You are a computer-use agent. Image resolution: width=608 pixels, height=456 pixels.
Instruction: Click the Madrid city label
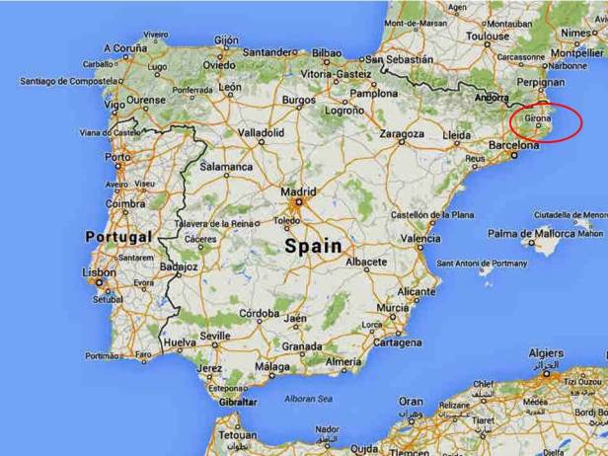[298, 191]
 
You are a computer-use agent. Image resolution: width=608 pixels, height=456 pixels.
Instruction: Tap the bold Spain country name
[314, 246]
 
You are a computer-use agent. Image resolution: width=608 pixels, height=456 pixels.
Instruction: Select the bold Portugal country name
[118, 237]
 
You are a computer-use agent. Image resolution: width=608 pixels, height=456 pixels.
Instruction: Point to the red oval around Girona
[546, 122]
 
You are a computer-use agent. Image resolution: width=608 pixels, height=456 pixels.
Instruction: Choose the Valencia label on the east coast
[420, 239]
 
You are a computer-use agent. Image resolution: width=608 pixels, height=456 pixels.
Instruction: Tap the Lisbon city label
[100, 272]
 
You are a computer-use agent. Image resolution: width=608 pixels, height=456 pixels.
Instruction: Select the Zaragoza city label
[402, 133]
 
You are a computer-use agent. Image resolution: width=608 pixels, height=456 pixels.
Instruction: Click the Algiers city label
[547, 353]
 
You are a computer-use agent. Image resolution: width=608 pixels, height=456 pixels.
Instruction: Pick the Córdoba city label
[260, 313]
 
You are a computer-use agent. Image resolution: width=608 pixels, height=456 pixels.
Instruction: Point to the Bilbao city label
[325, 51]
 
